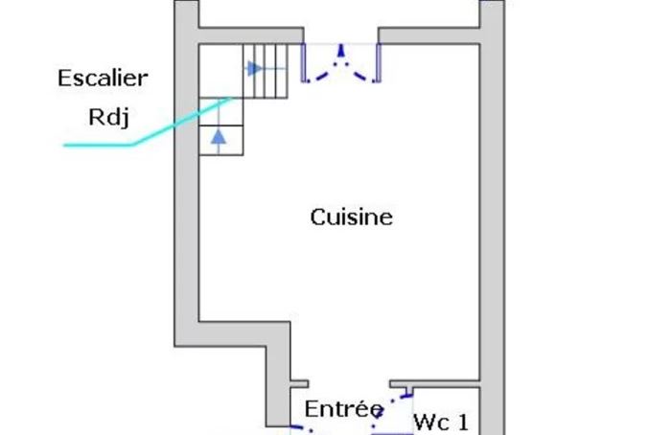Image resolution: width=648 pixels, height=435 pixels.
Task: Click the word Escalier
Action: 103,78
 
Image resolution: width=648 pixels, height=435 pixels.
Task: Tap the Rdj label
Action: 108,117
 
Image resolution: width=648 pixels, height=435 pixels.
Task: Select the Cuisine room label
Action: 351,217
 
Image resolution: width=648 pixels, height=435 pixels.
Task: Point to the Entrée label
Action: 344,409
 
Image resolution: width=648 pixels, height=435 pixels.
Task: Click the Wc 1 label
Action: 441,423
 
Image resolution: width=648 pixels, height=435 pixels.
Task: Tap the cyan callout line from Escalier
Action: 148,122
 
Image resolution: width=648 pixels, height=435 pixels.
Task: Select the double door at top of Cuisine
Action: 341,63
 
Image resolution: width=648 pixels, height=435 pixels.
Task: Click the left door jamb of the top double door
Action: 303,63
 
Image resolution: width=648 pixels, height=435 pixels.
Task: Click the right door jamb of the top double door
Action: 378,63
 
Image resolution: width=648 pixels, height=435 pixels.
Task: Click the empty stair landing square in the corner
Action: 221,71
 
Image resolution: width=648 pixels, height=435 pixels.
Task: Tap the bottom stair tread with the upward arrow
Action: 221,140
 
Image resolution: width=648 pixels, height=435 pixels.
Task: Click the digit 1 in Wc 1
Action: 464,423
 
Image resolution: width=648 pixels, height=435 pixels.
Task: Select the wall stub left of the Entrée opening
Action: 299,384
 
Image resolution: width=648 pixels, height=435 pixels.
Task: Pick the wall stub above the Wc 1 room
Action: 435,384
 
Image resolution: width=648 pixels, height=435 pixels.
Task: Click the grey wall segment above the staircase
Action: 251,35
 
